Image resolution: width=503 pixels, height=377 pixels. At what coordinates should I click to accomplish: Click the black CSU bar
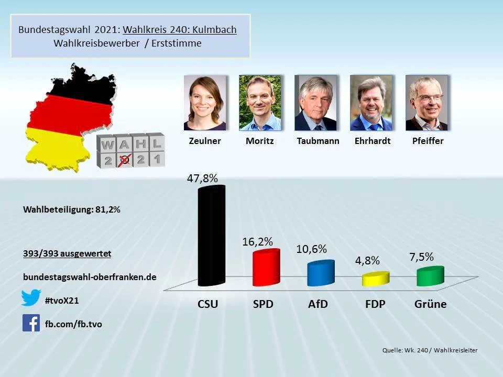point(211,236)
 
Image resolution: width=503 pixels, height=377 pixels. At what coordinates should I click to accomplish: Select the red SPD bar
point(266,268)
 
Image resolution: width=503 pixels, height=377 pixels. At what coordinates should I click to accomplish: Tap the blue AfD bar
point(321,273)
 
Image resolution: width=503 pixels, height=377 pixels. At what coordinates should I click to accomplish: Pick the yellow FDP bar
point(376,279)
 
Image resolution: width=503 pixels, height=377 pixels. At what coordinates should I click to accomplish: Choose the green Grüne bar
point(430,276)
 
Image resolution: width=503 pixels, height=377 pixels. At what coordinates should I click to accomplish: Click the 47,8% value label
point(202,178)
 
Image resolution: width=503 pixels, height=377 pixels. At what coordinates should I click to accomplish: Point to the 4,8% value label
point(367,260)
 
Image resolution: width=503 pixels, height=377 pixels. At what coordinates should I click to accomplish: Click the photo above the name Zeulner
point(205,103)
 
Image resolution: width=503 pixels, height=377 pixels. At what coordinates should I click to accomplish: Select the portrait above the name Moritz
point(260,103)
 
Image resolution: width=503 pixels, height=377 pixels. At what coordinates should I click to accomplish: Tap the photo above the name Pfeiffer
point(427,103)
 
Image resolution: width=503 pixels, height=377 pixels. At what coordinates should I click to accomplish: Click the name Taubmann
point(318,141)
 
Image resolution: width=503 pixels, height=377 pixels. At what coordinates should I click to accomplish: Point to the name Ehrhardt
point(373,141)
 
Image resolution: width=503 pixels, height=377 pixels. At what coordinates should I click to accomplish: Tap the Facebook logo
point(31,323)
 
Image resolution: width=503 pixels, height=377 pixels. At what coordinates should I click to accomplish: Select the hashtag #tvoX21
point(62,300)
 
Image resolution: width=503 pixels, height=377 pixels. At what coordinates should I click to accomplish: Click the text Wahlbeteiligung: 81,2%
point(72,209)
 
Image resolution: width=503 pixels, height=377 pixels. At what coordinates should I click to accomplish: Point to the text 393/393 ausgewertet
point(67,254)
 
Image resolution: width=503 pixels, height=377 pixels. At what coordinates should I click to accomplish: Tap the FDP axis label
point(375,304)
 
